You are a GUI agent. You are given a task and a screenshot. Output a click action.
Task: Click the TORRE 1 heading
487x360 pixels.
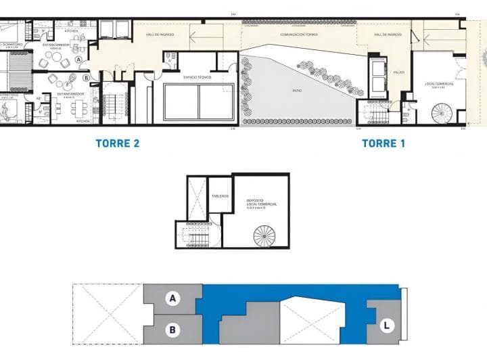click(384, 143)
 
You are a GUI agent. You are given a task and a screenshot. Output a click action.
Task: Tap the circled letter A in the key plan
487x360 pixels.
click(172, 298)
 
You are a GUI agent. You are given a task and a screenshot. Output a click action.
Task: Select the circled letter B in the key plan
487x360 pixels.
click(172, 330)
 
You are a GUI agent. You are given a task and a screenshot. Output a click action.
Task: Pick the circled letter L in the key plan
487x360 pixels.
click(386, 325)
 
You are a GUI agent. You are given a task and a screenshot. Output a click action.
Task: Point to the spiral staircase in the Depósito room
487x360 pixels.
click(264, 236)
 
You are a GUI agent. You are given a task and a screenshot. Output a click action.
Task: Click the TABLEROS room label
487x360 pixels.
click(219, 196)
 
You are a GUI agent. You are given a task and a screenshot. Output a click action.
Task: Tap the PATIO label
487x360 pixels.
click(297, 90)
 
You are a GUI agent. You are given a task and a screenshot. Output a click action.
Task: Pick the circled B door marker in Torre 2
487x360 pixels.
click(86, 76)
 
